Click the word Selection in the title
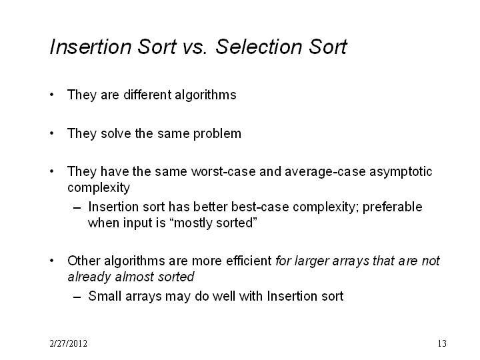(x=259, y=47)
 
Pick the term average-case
(x=325, y=172)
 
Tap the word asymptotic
(x=401, y=172)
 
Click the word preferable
(x=393, y=207)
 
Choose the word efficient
(x=249, y=261)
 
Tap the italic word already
(x=89, y=277)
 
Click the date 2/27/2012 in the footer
(x=68, y=343)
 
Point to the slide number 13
(x=442, y=343)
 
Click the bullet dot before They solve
(x=52, y=133)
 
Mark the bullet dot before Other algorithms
(x=52, y=261)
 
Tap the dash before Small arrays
(x=77, y=297)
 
